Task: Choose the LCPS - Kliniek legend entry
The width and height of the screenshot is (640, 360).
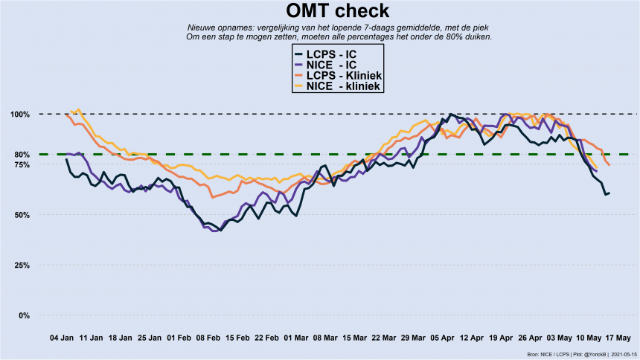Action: click(338, 76)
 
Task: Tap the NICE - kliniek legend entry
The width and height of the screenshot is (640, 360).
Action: click(338, 86)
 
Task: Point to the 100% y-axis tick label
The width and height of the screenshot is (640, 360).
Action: click(20, 114)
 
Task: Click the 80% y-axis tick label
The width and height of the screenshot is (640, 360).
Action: click(22, 155)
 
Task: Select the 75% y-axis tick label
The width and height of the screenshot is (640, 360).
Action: click(22, 164)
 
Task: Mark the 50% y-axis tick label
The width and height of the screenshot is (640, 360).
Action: click(22, 215)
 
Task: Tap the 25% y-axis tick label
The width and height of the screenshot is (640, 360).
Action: click(22, 266)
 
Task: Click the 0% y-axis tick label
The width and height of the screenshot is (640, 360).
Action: click(25, 315)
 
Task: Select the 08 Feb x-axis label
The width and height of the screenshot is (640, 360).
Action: click(208, 337)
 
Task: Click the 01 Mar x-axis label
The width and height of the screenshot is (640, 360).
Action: click(296, 337)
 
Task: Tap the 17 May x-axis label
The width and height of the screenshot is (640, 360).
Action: click(618, 337)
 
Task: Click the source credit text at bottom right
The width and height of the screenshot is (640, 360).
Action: click(581, 354)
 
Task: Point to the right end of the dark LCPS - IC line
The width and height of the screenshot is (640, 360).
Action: click(609, 193)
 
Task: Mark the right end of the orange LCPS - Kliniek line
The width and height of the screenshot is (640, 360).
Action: click(609, 164)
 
